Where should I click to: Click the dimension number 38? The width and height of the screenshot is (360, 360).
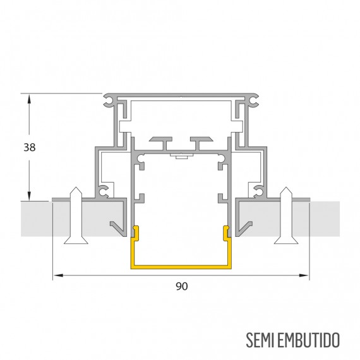(x=30, y=147)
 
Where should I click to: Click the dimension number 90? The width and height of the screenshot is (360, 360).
(x=182, y=286)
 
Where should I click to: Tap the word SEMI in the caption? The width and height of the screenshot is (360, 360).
(x=260, y=340)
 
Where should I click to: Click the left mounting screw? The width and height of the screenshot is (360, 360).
(x=76, y=215)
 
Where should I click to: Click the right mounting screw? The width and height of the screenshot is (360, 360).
(x=286, y=215)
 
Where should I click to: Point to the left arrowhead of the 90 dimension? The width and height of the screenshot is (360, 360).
(x=58, y=275)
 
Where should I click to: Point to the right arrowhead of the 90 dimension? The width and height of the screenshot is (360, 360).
(x=304, y=275)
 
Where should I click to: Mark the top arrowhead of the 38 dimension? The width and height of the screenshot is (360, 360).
(x=29, y=99)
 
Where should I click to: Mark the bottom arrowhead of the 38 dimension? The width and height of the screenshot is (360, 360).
(x=29, y=196)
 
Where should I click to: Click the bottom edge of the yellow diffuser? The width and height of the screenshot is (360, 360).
(x=181, y=267)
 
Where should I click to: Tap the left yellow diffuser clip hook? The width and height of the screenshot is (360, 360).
(x=135, y=233)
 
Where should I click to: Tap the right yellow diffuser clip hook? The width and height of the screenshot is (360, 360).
(x=227, y=233)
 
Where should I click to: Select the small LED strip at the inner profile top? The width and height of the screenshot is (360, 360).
(x=181, y=156)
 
